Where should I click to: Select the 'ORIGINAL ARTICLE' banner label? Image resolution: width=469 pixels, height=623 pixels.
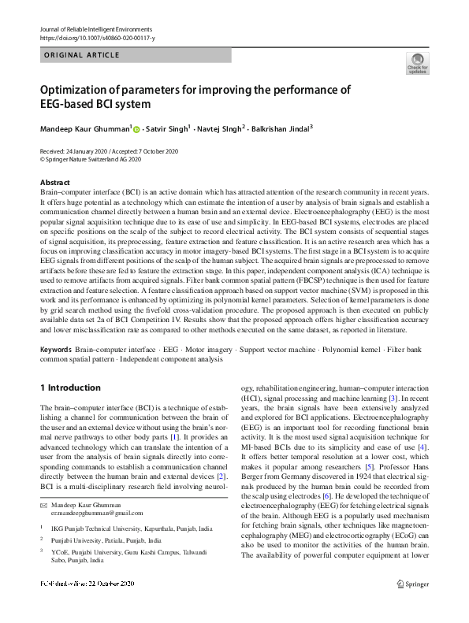(x=81, y=55)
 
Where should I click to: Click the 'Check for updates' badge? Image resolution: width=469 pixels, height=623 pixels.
(x=417, y=65)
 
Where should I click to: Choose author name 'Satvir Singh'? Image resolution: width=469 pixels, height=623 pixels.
(x=170, y=128)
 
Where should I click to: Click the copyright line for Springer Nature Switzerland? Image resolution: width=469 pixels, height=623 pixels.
(x=90, y=158)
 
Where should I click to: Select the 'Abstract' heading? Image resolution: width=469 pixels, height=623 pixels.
(x=54, y=182)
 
